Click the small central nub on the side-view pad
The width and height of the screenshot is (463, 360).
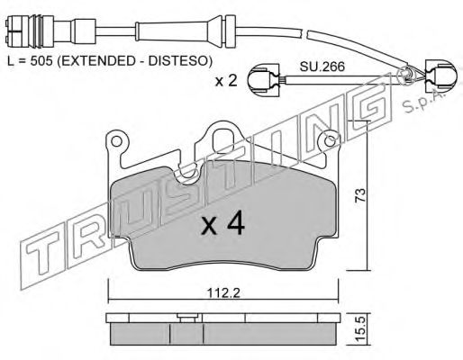point(186,316)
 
